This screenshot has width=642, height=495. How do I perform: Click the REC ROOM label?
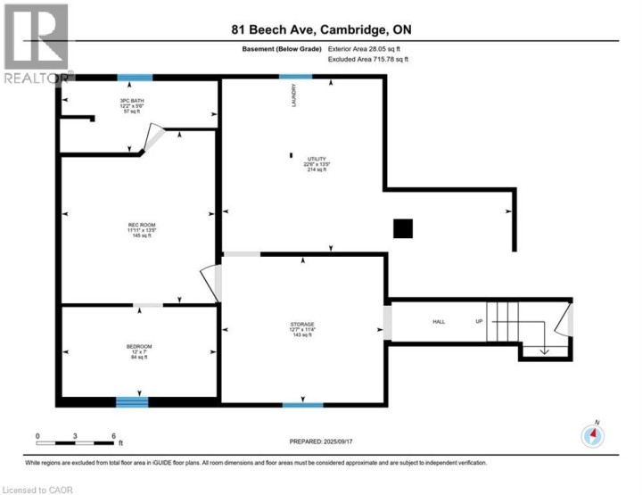click(138, 225)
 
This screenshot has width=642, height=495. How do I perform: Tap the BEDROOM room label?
click(138, 346)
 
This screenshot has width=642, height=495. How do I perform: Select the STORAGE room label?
click(302, 324)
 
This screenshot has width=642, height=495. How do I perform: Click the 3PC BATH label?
click(132, 102)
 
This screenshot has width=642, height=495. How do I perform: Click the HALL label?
click(439, 322)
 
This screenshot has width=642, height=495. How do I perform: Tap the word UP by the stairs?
click(478, 322)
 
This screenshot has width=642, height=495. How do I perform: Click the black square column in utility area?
click(404, 228)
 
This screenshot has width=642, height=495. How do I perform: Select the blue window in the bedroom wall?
click(132, 402)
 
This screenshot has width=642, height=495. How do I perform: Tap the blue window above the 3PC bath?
click(135, 77)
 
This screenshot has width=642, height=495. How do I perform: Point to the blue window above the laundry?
click(296, 77)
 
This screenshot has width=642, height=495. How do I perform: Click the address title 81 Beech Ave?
click(321, 31)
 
